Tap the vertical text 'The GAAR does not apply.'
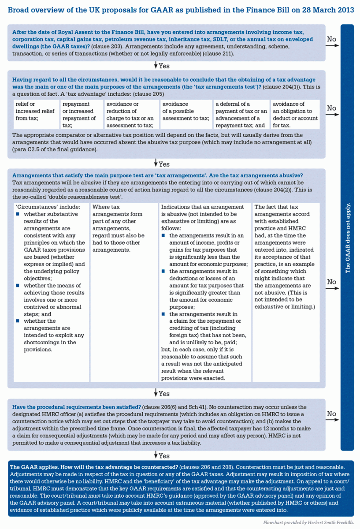pos(347,238)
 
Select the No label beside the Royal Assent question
pos(331,39)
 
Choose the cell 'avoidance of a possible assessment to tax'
pos(186,111)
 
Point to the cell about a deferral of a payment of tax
pos(241,115)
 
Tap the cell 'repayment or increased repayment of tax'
pos(80,115)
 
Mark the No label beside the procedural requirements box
pos(331,414)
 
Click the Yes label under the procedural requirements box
pos(163,456)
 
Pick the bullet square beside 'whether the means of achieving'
pos(18,286)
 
